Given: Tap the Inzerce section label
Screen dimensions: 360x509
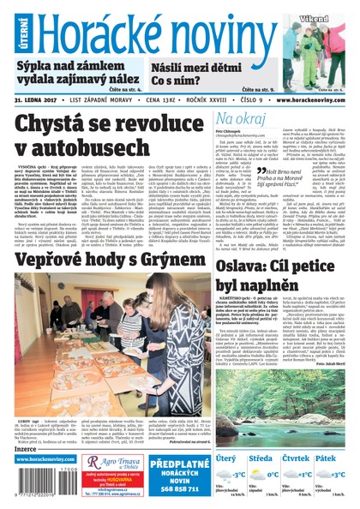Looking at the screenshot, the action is [26, 448].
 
